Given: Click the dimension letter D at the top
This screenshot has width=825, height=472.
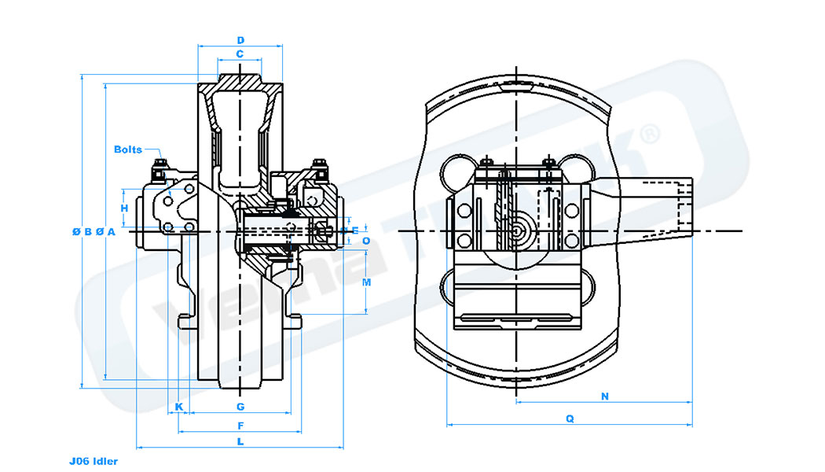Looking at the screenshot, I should [x=240, y=39].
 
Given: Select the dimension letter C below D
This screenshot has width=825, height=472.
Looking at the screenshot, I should [x=240, y=54].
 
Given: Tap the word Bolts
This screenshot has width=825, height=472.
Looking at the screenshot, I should [x=128, y=149].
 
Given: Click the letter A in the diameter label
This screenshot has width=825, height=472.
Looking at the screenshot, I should [x=112, y=231].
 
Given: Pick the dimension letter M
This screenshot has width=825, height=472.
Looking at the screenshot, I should [x=366, y=281].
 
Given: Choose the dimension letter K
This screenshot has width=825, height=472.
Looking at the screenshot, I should [x=179, y=407].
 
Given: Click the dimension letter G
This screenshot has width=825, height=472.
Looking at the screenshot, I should [x=240, y=407].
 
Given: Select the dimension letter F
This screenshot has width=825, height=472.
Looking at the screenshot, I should [x=240, y=426].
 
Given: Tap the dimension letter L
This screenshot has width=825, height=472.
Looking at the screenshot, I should [x=240, y=442].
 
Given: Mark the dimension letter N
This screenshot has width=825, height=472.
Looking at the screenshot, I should [x=604, y=396].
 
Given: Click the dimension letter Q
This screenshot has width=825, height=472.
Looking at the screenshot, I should [x=570, y=419].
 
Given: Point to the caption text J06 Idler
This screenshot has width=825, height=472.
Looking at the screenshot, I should [x=93, y=461].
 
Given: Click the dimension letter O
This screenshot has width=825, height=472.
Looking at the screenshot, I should [x=366, y=241].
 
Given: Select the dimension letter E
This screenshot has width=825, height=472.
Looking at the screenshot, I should [x=355, y=230].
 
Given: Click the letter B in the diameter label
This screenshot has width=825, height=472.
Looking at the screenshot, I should [x=88, y=231].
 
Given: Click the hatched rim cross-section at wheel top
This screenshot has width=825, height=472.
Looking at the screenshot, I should [x=240, y=82].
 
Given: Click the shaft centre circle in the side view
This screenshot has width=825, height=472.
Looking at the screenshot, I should [x=517, y=232].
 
